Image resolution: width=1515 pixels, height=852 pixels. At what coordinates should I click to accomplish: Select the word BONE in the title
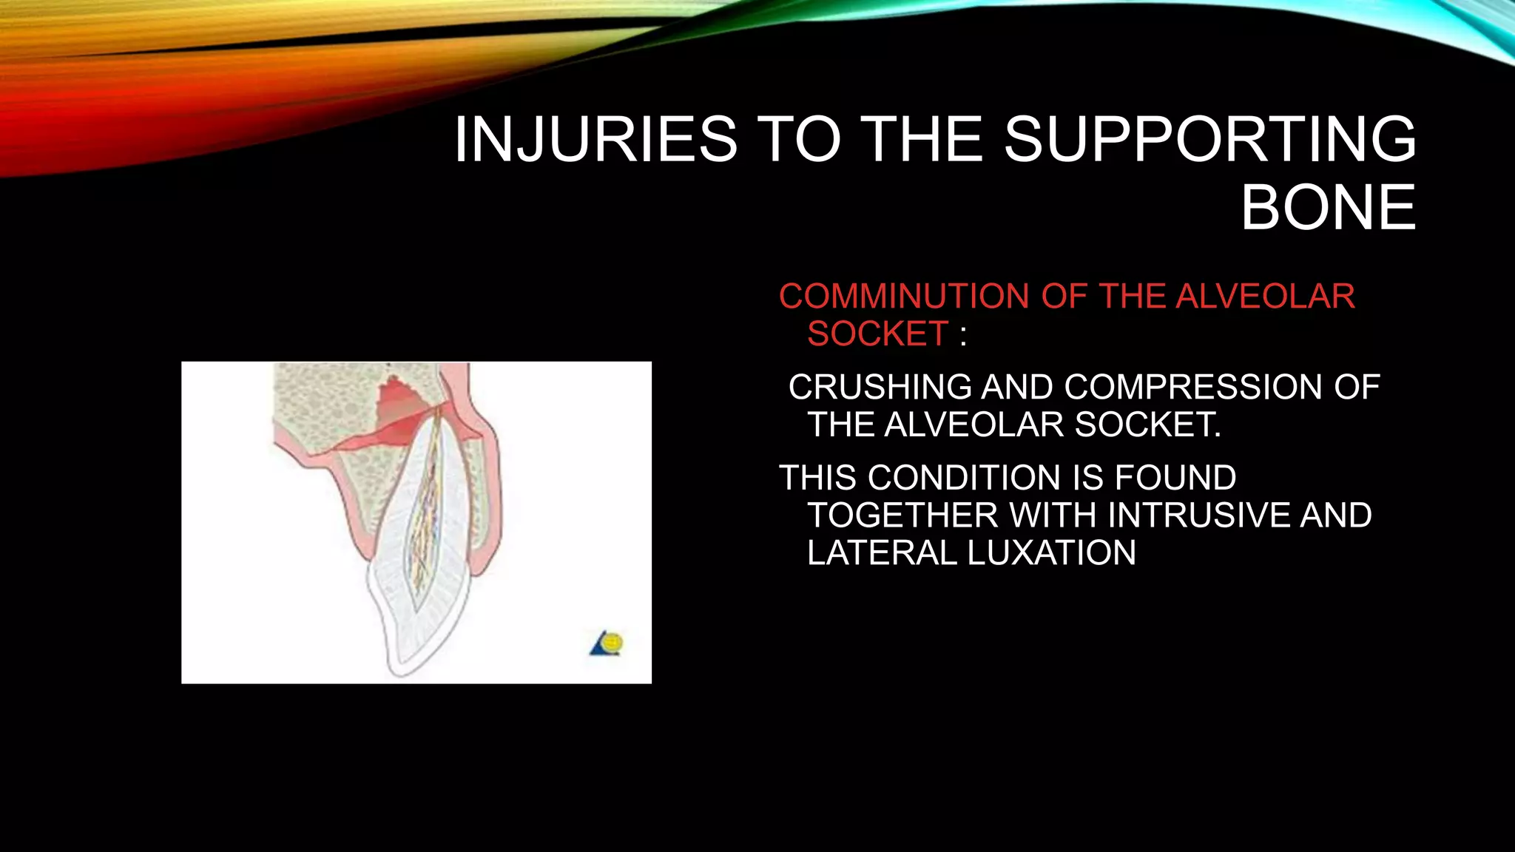coord(1329,208)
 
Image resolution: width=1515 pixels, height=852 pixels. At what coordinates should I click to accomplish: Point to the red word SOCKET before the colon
coord(878,334)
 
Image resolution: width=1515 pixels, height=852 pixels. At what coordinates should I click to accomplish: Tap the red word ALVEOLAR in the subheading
coord(1265,297)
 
